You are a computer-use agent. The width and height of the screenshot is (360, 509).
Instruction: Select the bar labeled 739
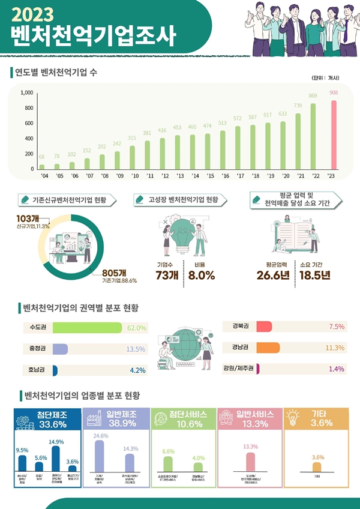click(x=298, y=142)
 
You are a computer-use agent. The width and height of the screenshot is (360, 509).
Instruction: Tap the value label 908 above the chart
click(x=334, y=93)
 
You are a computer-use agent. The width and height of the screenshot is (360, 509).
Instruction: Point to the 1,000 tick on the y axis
click(x=26, y=93)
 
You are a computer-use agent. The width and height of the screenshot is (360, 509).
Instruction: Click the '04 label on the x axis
click(x=43, y=176)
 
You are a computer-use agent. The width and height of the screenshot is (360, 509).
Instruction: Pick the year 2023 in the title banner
click(x=37, y=14)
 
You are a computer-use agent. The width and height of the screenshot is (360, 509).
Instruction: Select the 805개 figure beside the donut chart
click(x=115, y=271)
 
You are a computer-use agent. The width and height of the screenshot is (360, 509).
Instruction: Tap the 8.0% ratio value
click(x=201, y=276)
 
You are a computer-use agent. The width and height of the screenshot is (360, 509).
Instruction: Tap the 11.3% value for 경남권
click(x=334, y=348)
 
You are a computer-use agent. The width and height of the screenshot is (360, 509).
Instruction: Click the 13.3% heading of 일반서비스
click(x=247, y=424)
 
